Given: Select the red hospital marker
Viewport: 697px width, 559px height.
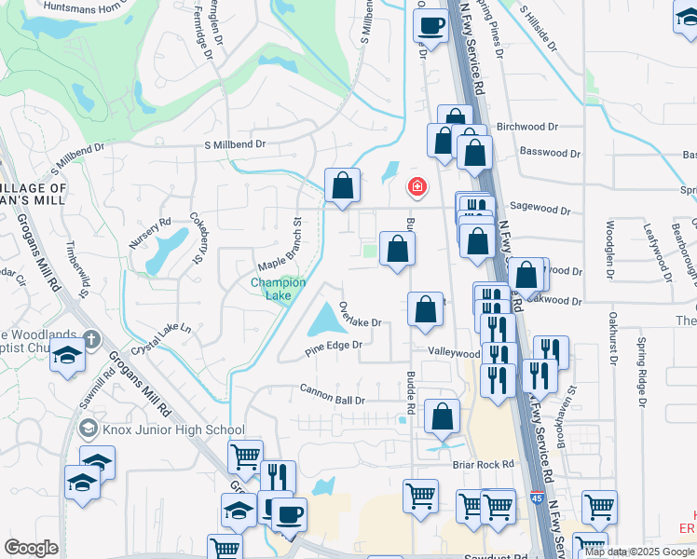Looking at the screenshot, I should tap(417, 188).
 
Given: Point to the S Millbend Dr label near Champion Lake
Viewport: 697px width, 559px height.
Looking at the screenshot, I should tap(235, 144).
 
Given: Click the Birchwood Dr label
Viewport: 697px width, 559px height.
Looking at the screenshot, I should tap(526, 126).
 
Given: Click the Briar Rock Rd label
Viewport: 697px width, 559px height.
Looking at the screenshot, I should tap(482, 464).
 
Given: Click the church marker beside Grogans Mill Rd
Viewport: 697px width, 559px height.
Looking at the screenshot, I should tap(90, 338).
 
